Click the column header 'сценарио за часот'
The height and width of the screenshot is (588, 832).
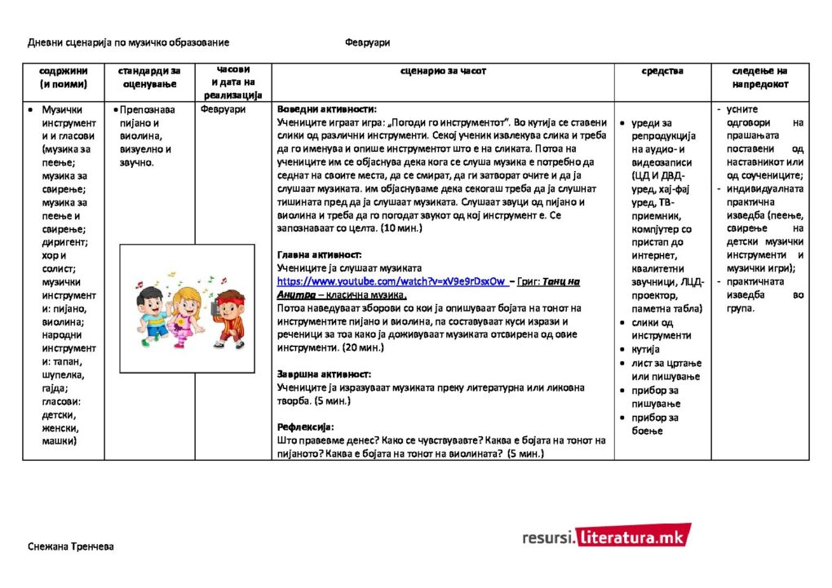[443, 71]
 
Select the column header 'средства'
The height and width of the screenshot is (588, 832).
[662, 71]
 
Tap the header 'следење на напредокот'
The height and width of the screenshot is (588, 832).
[759, 77]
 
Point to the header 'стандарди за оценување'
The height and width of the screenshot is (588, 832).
[149, 77]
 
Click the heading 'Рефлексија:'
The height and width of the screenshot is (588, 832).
[306, 427]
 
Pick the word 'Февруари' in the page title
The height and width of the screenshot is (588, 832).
[367, 42]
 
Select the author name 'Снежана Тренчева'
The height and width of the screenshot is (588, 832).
[70, 546]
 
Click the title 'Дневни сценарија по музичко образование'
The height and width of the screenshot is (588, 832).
[128, 42]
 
